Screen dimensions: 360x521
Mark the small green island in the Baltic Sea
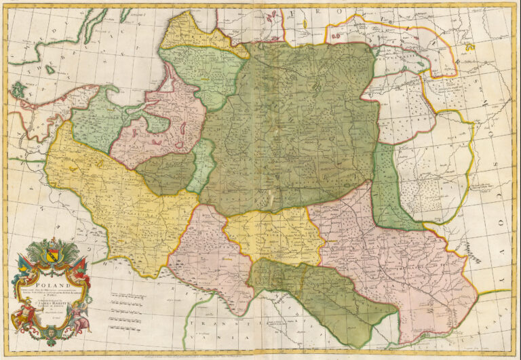17,89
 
